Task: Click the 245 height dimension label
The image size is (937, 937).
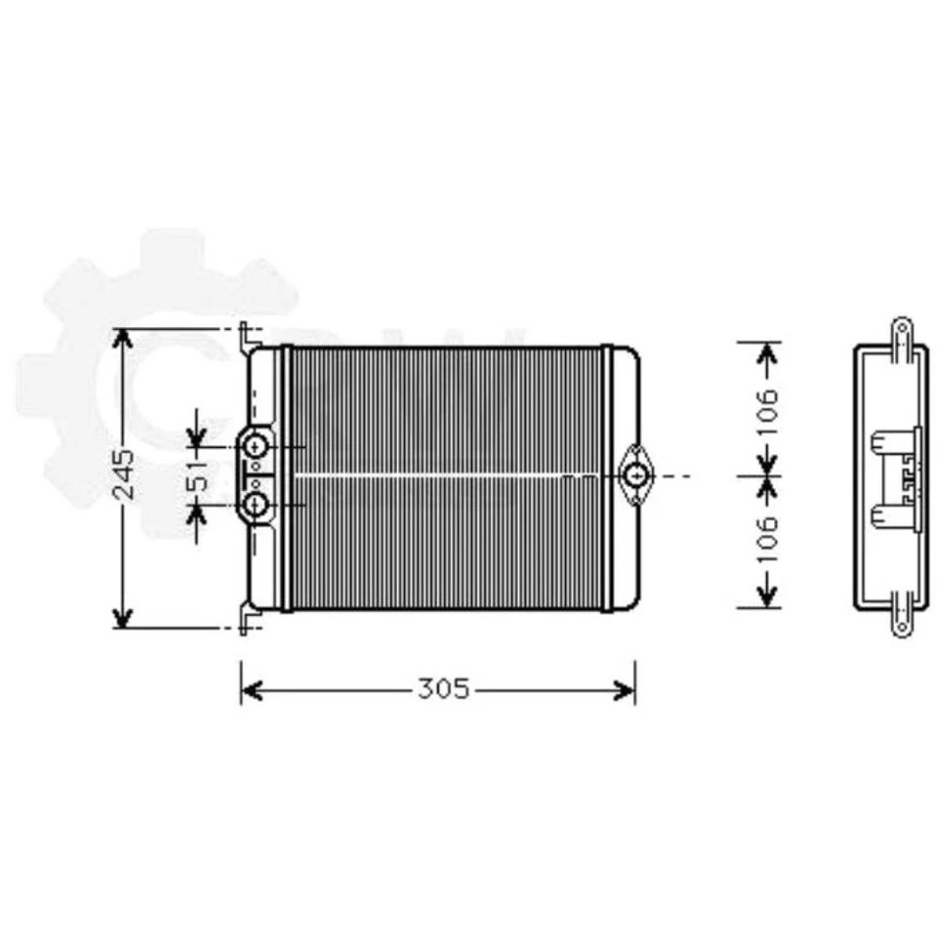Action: (124, 475)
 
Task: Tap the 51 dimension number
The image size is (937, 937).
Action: (199, 475)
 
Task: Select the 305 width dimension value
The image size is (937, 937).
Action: (444, 690)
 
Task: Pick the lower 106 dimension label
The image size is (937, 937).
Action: (768, 538)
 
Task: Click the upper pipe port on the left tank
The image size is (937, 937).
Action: (257, 447)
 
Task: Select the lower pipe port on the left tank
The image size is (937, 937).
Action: (257, 504)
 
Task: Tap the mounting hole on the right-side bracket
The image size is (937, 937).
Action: (638, 476)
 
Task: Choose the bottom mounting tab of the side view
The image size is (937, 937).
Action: (902, 623)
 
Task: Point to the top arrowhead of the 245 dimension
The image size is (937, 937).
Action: (122, 338)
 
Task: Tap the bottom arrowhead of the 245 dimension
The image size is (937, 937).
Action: (122, 619)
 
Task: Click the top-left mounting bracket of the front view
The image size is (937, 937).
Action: (246, 338)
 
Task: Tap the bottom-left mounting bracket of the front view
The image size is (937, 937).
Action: (246, 619)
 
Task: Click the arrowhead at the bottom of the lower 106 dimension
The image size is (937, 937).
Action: (768, 596)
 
